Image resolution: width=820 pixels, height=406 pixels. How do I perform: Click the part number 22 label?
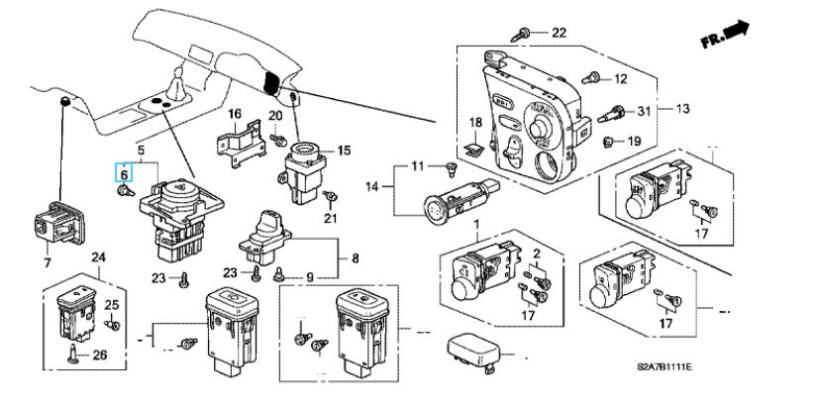559,33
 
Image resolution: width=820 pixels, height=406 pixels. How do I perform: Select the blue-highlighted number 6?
124,172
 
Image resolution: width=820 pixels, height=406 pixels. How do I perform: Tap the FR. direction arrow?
725,35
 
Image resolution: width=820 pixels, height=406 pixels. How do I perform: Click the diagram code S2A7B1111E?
665,367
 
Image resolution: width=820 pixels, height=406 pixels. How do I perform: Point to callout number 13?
683,109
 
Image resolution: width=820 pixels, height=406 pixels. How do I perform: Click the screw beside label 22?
521,35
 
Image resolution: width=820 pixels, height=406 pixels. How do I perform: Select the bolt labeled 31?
611,114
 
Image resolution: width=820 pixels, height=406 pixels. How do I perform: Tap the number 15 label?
344,151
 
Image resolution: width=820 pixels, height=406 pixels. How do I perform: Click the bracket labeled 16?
241,143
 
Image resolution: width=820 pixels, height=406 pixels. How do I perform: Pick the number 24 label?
99,256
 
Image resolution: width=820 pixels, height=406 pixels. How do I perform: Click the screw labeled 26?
73,354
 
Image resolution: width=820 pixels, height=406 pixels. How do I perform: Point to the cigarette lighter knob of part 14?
436,207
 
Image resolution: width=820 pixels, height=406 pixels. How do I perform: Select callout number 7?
48,261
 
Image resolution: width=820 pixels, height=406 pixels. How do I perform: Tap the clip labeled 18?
474,150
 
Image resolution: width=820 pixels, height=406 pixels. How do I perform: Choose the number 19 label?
634,142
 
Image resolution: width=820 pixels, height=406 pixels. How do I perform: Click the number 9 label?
310,276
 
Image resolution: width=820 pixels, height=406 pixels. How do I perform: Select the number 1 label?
476,225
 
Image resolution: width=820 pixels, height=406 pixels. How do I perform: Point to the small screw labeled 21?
330,197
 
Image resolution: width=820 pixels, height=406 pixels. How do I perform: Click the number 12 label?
620,79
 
